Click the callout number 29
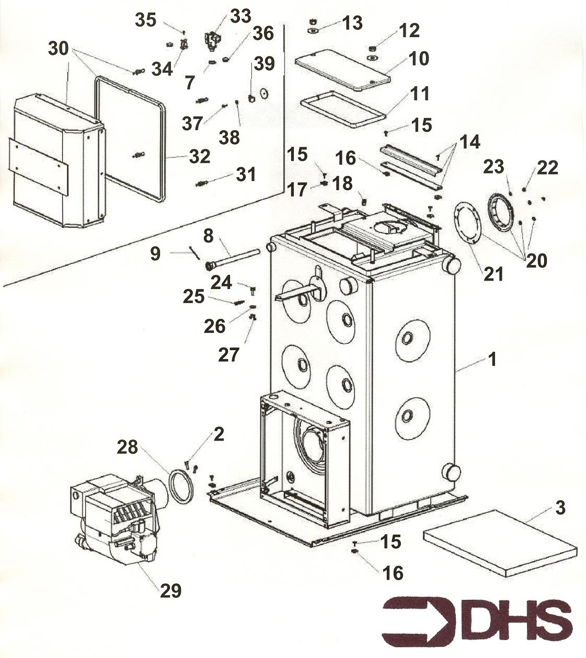pyautogui.click(x=170, y=591)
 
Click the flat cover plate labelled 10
pyautogui.click(x=342, y=70)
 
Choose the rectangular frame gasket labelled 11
pyautogui.click(x=343, y=109)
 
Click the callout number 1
pyautogui.click(x=491, y=360)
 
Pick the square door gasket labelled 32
pyautogui.click(x=130, y=138)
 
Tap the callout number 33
pyautogui.click(x=240, y=16)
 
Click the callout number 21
pyautogui.click(x=492, y=273)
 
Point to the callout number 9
pyautogui.click(x=155, y=254)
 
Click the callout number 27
pyautogui.click(x=228, y=355)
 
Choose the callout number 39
pyautogui.click(x=265, y=64)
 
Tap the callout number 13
pyautogui.click(x=352, y=23)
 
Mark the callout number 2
pyautogui.click(x=219, y=434)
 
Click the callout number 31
pyautogui.click(x=246, y=174)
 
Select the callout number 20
pyautogui.click(x=536, y=260)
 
